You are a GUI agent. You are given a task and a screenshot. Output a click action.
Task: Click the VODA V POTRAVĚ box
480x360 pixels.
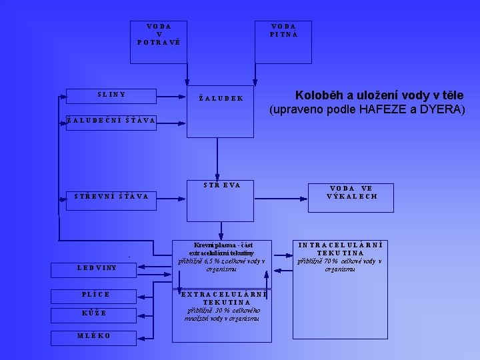[159, 41]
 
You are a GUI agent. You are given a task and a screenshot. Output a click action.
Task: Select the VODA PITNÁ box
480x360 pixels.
[284, 41]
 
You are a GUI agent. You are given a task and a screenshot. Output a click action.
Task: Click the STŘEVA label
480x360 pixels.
[221, 185]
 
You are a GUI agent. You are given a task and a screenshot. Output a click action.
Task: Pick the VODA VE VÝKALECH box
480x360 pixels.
[352, 193]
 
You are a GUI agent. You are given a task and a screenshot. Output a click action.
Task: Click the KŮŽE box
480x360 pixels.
[94, 313]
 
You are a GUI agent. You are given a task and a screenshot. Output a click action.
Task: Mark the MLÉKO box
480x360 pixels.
[94, 335]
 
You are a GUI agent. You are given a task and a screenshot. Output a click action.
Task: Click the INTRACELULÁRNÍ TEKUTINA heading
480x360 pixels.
[340, 249]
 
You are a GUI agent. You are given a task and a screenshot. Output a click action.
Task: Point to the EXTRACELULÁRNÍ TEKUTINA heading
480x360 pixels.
[221, 298]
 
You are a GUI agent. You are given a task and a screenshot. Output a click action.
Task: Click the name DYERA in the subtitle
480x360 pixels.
[444, 109]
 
